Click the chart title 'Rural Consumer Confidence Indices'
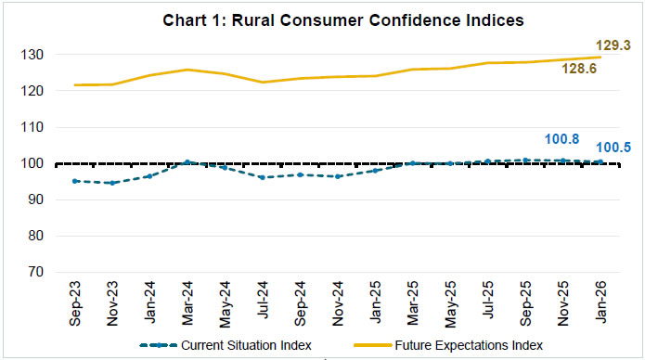(323, 19)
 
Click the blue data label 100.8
(561, 138)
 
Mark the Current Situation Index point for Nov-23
(112, 183)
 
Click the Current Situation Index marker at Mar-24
(187, 162)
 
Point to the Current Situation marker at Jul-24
(263, 177)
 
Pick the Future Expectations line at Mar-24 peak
(187, 70)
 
